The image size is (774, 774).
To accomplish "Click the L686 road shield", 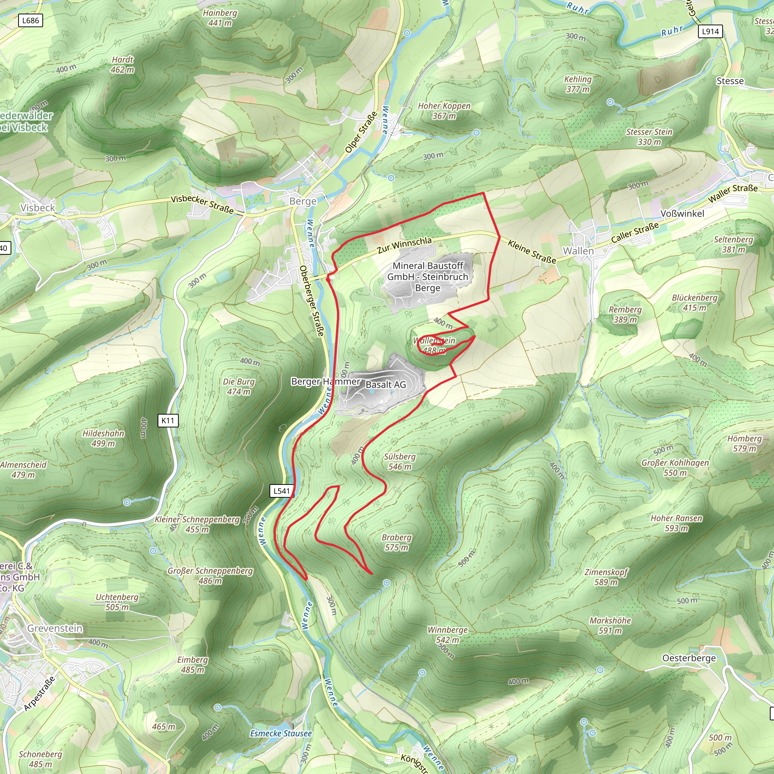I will tap(31, 20).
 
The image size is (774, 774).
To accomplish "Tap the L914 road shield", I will tap(710, 31).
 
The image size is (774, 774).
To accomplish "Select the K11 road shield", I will tap(168, 420).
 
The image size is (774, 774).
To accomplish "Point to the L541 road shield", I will tap(282, 491).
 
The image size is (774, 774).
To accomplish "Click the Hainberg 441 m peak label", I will tap(220, 18).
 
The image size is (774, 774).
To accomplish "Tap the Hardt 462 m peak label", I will tap(122, 65).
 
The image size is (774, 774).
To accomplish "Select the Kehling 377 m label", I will tap(578, 84).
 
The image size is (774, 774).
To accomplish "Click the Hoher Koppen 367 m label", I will tap(444, 111).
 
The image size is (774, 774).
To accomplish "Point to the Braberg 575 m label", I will tap(396, 542).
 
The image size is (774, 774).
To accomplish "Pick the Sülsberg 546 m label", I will tap(399, 461).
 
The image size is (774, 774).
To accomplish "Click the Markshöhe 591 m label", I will tap(610, 625).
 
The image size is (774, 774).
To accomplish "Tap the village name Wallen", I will tap(578, 251).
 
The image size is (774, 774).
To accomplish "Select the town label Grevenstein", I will tap(55, 628).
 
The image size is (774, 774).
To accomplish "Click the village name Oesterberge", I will tap(689, 658).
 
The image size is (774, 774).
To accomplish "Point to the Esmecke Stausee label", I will tap(281, 733).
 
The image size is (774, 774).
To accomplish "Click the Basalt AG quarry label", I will tap(386, 385).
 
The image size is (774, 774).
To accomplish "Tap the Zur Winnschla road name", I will tap(404, 245).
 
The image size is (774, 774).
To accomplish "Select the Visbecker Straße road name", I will tap(202, 204).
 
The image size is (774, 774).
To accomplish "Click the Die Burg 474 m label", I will tap(238, 387).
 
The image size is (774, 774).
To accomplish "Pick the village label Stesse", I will tap(730, 81).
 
